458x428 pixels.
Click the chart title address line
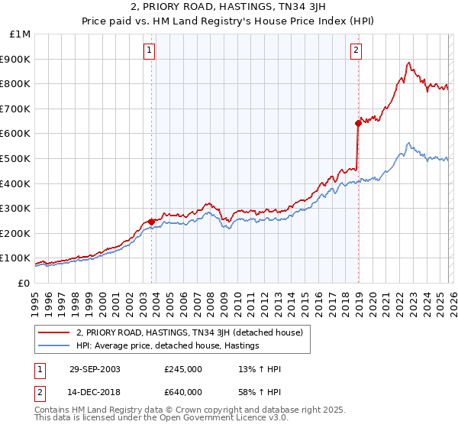(x=229, y=7)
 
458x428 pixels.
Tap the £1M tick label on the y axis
(x=21, y=34)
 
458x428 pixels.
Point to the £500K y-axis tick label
(x=17, y=159)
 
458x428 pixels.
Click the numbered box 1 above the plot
(x=150, y=50)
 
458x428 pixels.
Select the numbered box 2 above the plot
(x=356, y=50)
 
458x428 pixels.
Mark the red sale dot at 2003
(x=152, y=222)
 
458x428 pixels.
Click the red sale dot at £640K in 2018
(x=358, y=123)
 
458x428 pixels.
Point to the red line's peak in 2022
(x=409, y=63)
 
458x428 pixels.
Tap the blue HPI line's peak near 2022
(x=409, y=143)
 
